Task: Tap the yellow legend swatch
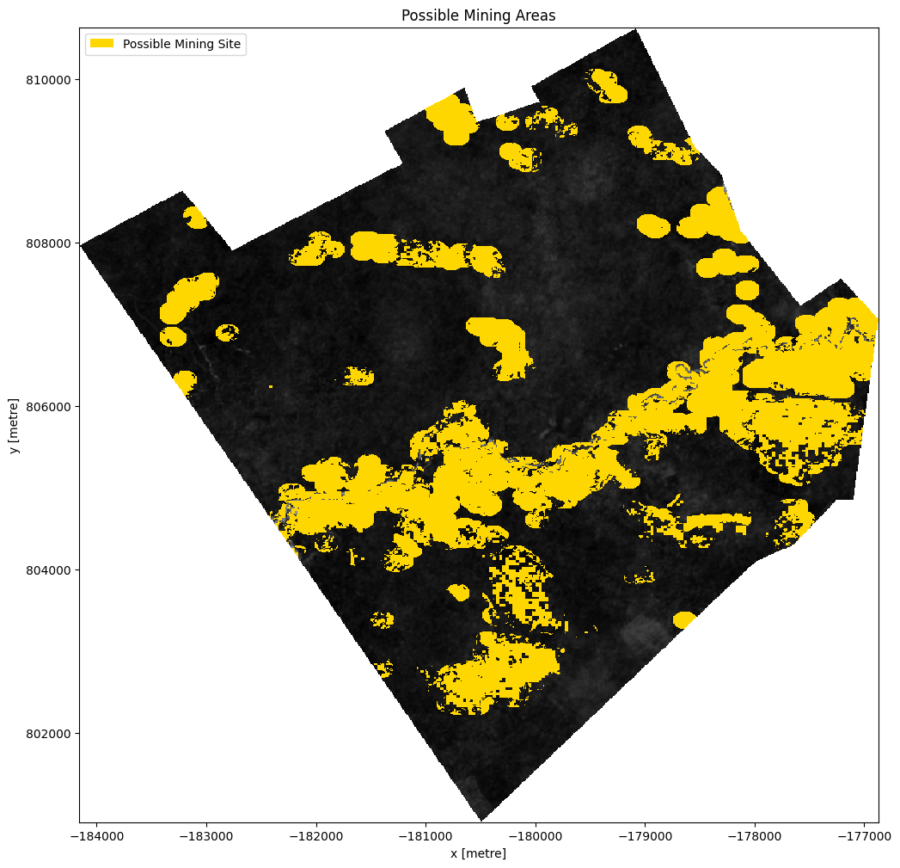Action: (x=101, y=43)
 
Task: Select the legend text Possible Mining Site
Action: (x=182, y=43)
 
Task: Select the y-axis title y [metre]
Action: (x=13, y=426)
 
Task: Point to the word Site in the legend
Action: (x=229, y=43)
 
